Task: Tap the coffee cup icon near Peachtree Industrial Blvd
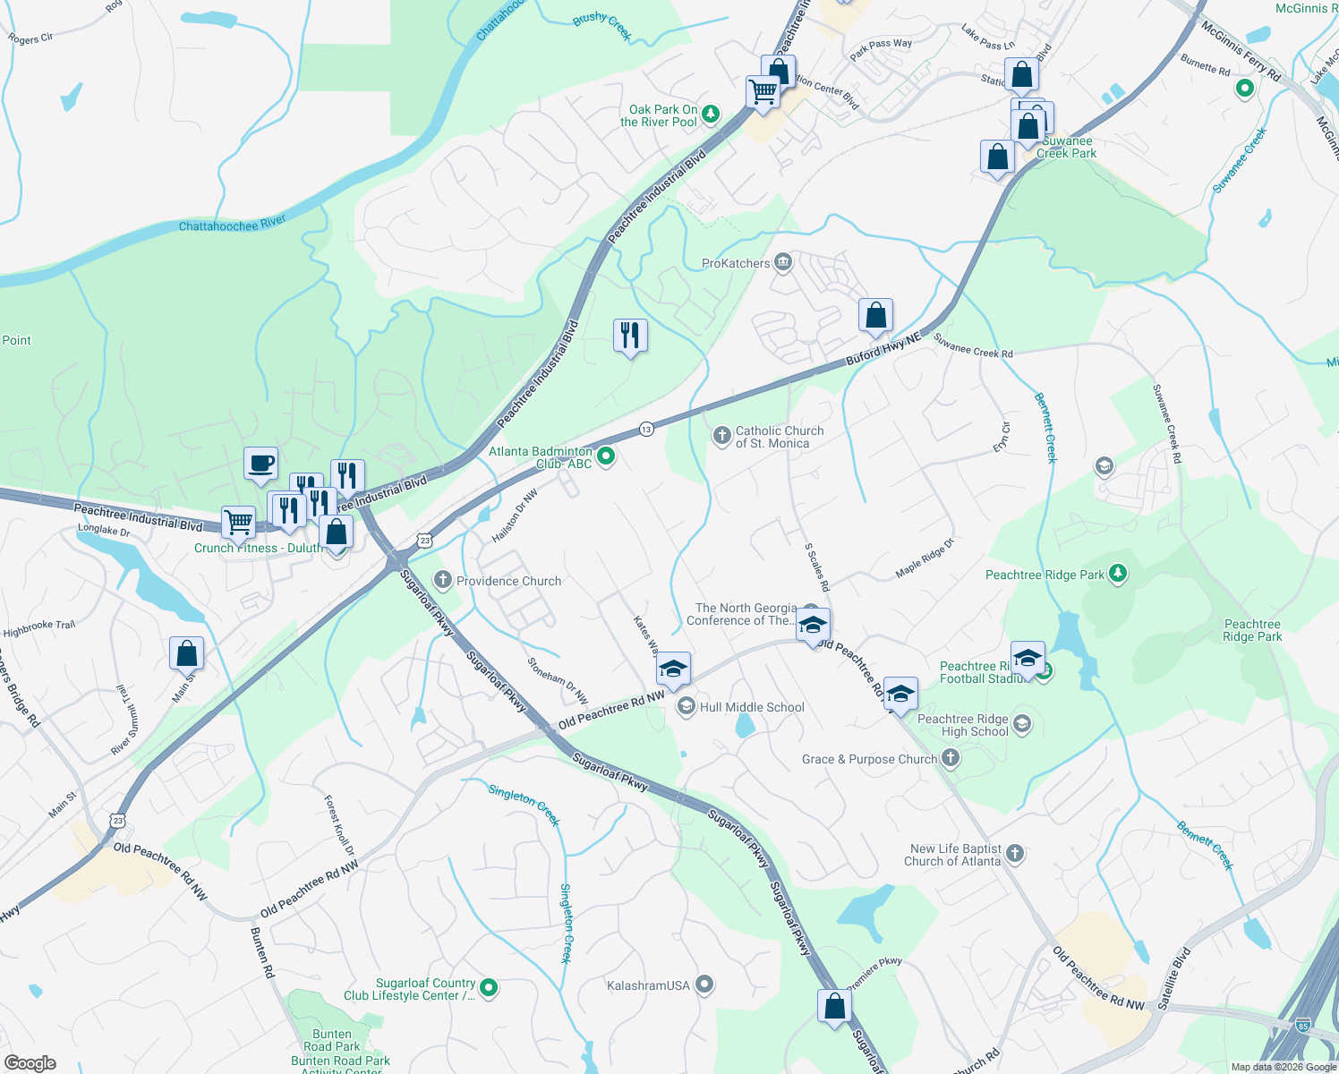tap(260, 464)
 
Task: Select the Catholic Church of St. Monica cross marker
tap(721, 436)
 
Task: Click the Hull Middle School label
tap(752, 707)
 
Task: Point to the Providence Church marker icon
tap(442, 581)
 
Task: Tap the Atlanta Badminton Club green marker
tap(606, 456)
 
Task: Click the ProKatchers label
tap(736, 263)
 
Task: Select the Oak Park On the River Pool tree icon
tap(711, 114)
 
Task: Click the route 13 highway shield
tap(646, 430)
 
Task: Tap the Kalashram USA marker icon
tap(704, 984)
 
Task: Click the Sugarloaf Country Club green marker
tap(489, 988)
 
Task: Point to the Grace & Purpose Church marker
tap(951, 759)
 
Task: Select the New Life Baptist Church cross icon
tap(1015, 853)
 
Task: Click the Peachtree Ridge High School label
tap(962, 725)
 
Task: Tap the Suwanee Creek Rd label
tap(973, 345)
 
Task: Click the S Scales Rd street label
tap(817, 567)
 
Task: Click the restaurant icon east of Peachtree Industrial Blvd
tap(630, 335)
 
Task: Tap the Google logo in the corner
tap(30, 1063)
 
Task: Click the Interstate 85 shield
tap(1302, 1025)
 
